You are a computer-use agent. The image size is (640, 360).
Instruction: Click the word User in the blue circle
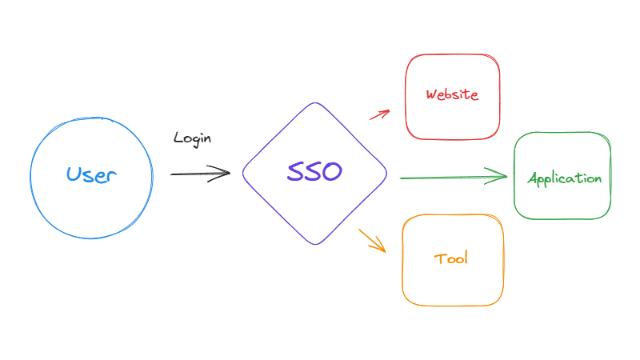pyautogui.click(x=91, y=175)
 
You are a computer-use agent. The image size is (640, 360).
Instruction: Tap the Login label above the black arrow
pyautogui.click(x=192, y=138)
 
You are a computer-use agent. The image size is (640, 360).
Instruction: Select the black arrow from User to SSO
pyautogui.click(x=199, y=173)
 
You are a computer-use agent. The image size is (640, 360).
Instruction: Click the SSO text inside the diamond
pyautogui.click(x=314, y=172)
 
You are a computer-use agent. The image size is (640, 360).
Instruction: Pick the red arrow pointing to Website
pyautogui.click(x=378, y=114)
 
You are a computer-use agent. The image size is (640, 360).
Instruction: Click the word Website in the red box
pyautogui.click(x=452, y=94)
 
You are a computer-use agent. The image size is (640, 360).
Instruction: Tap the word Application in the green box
pyautogui.click(x=564, y=178)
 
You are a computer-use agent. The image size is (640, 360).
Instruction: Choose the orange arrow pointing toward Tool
pyautogui.click(x=372, y=240)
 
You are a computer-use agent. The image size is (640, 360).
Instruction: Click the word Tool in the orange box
pyautogui.click(x=451, y=258)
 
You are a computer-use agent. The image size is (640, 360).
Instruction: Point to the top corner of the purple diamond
pyautogui.click(x=315, y=103)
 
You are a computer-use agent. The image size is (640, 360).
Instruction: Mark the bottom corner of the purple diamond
pyautogui.click(x=315, y=244)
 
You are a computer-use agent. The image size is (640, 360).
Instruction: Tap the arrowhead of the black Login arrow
pyautogui.click(x=225, y=173)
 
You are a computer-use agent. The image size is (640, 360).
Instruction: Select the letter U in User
pyautogui.click(x=74, y=174)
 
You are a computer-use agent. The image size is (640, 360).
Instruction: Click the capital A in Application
pyautogui.click(x=534, y=178)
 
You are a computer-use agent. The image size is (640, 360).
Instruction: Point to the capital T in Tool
pyautogui.click(x=439, y=258)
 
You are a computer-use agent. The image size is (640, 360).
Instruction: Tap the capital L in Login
pyautogui.click(x=178, y=138)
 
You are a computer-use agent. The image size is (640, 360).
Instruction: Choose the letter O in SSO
pyautogui.click(x=331, y=172)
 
